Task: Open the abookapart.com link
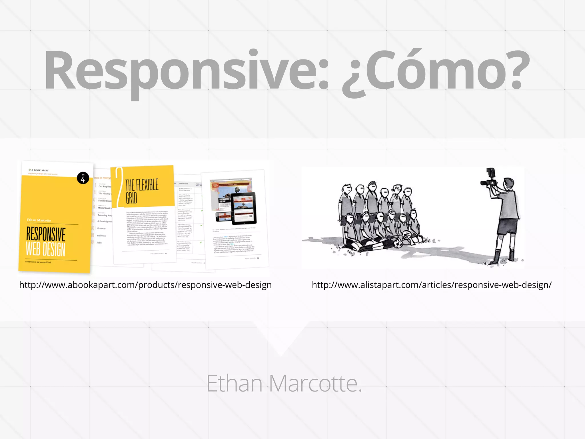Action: click(x=145, y=285)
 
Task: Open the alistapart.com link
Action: click(x=432, y=285)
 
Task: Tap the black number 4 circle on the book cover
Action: click(x=83, y=178)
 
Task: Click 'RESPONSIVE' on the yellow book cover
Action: click(x=46, y=234)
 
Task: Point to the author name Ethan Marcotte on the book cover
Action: click(x=39, y=220)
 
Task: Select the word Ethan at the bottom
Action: click(x=235, y=384)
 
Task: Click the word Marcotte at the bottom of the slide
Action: click(x=315, y=384)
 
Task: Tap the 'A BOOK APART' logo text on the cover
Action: click(x=40, y=170)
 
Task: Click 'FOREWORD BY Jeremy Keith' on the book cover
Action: click(x=38, y=262)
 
